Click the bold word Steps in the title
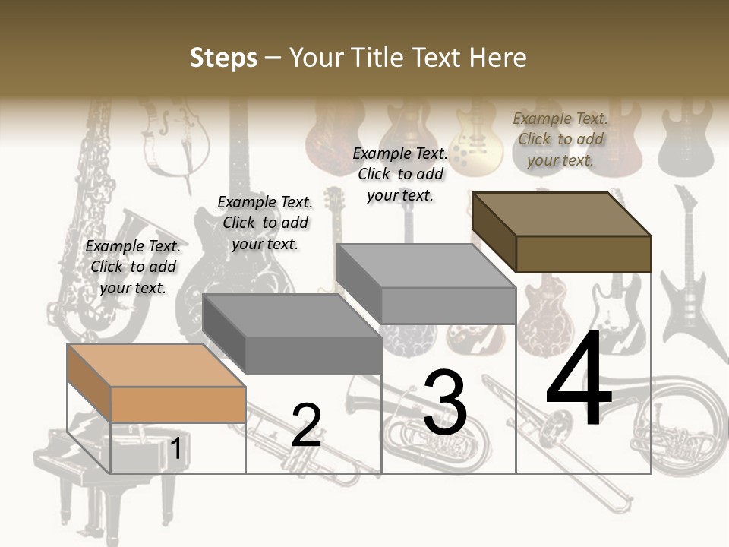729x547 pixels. pyautogui.click(x=223, y=58)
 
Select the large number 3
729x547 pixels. pyautogui.click(x=445, y=403)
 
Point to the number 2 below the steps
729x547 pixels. pyautogui.click(x=306, y=425)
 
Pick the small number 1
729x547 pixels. pyautogui.click(x=175, y=449)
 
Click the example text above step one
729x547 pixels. pyautogui.click(x=133, y=267)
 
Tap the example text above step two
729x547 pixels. pyautogui.click(x=265, y=223)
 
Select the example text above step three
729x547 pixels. pyautogui.click(x=400, y=174)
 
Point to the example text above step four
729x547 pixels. pyautogui.click(x=560, y=139)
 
